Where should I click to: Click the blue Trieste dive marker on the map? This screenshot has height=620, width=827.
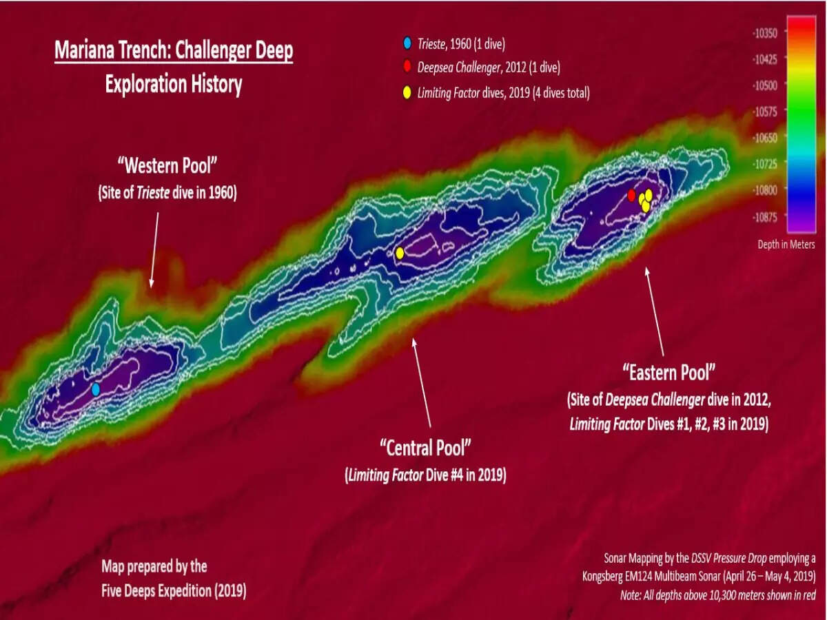(x=96, y=389)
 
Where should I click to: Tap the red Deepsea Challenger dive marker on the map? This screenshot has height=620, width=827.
(x=631, y=195)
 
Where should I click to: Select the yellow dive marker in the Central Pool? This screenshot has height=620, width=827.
(x=400, y=253)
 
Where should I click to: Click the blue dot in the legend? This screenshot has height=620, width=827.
(x=407, y=45)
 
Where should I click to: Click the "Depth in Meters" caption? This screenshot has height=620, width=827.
(x=786, y=245)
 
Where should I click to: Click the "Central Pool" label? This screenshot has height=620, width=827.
(x=425, y=448)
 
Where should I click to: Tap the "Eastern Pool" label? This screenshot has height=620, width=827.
(x=668, y=373)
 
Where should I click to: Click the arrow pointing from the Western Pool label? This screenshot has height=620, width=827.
(x=155, y=248)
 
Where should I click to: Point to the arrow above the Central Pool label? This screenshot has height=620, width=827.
(x=421, y=382)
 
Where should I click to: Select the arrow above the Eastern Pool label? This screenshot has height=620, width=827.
(x=655, y=310)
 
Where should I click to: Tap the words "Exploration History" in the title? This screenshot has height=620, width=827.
(x=174, y=84)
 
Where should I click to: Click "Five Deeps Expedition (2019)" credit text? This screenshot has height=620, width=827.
(x=174, y=590)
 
